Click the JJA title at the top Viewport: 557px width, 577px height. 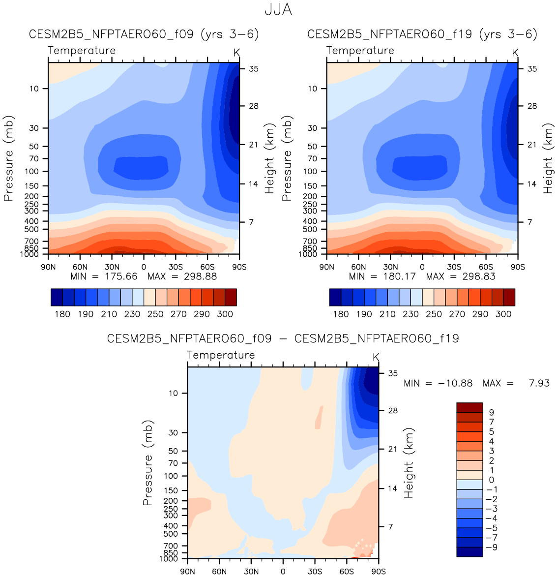(278, 10)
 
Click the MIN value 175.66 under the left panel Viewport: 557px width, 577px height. (121, 276)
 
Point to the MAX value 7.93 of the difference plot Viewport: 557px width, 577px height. (539, 383)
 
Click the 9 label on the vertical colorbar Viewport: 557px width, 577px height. (491, 413)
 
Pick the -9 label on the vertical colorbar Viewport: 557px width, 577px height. (491, 547)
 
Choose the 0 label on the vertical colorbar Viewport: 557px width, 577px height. (491, 480)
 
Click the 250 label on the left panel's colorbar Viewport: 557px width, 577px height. (155, 314)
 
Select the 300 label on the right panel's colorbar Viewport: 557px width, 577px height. (503, 314)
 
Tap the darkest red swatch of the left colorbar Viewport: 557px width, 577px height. (231, 297)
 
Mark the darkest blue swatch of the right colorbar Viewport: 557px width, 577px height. (335, 297)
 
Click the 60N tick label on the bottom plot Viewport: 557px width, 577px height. (219, 572)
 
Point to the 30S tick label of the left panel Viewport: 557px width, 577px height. (176, 267)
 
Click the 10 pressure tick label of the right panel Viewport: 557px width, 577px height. (313, 89)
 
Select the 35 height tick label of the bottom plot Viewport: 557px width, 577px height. (393, 373)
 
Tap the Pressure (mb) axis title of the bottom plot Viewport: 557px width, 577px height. (147, 463)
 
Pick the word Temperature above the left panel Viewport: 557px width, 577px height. (82, 51)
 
